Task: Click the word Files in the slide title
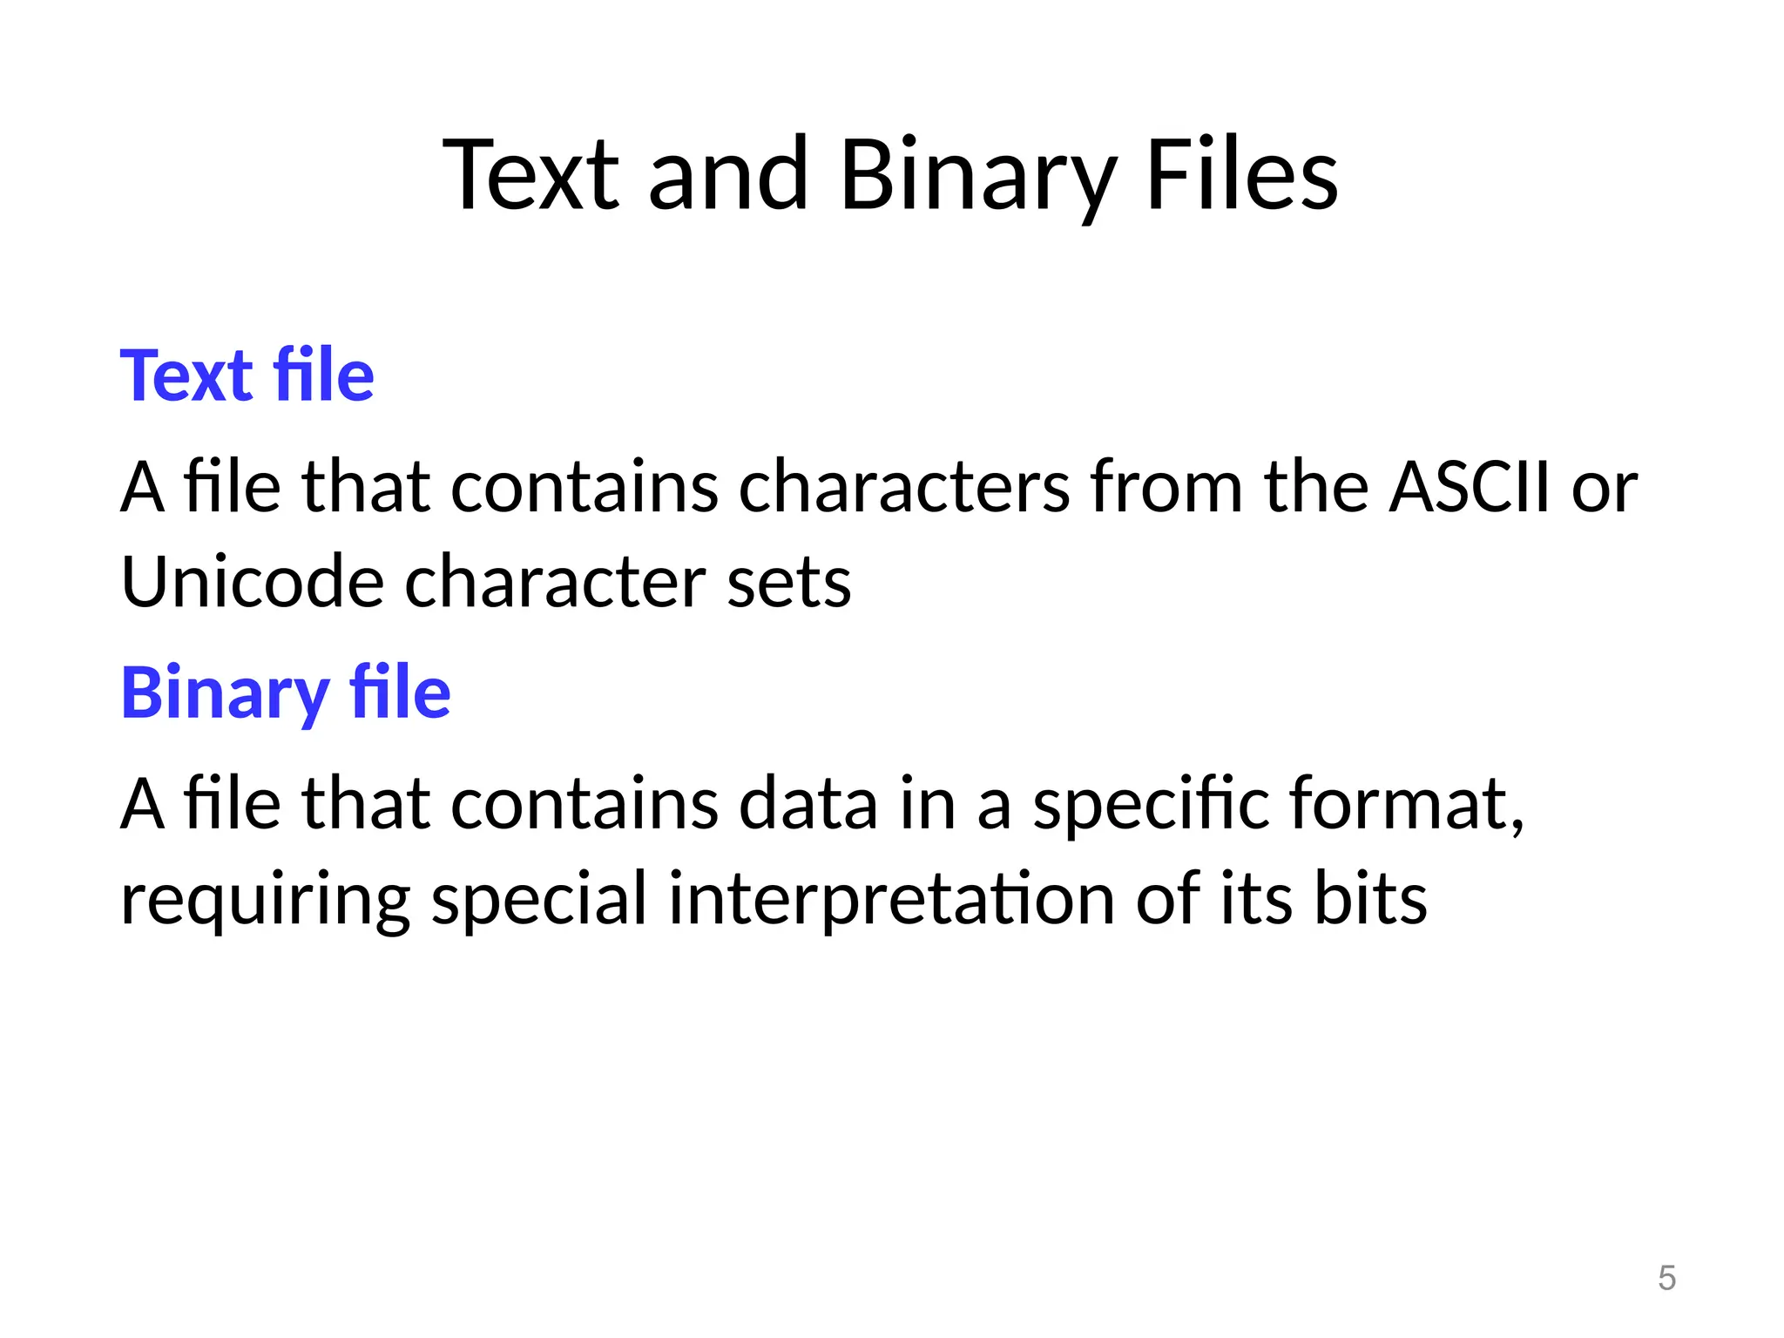[1242, 176]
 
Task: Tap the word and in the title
[728, 176]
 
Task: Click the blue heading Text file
[247, 375]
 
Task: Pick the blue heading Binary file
[286, 693]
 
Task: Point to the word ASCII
[1470, 487]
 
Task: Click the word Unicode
[253, 582]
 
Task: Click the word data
[808, 804]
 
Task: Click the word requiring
[266, 900]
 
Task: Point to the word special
[539, 900]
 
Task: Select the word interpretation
[891, 900]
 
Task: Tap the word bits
[1370, 900]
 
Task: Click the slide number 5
[1666, 1278]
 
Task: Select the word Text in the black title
[531, 176]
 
